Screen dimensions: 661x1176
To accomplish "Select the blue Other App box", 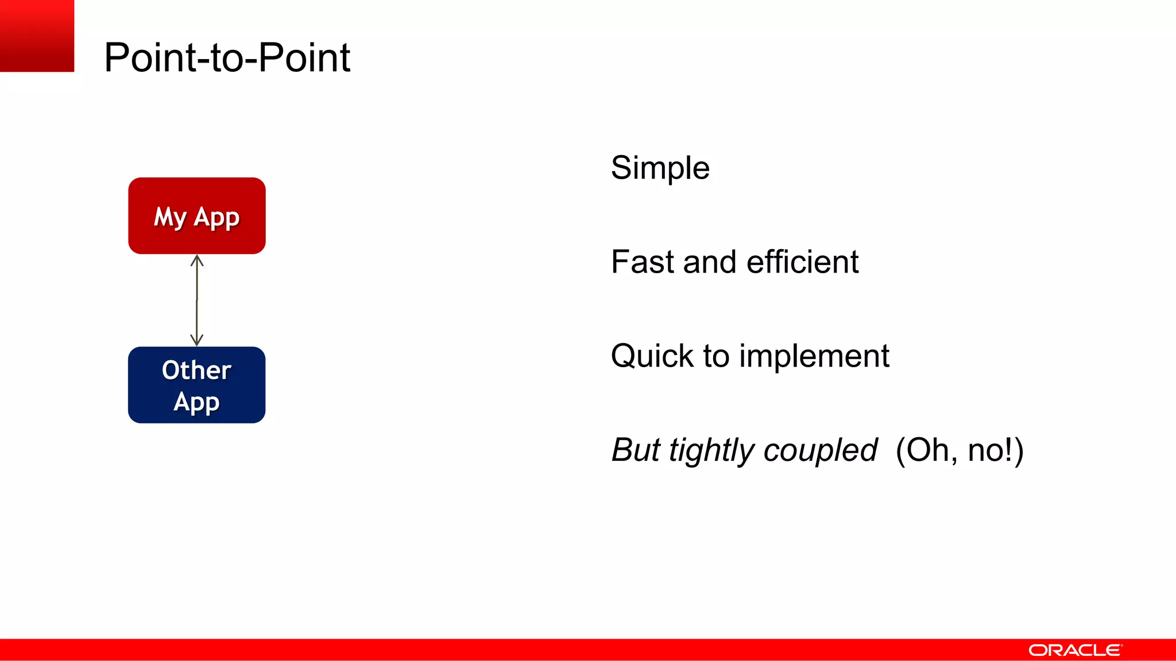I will (x=196, y=384).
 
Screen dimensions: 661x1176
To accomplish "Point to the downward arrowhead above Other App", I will (x=197, y=340).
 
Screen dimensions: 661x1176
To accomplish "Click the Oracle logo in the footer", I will (x=1075, y=650).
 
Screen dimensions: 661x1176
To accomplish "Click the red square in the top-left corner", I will (x=37, y=36).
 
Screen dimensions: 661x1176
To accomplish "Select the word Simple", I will (x=660, y=168).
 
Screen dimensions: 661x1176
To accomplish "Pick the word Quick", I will (x=652, y=356).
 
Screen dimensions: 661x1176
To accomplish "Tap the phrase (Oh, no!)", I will (x=960, y=450).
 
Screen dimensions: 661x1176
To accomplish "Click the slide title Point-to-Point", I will (x=227, y=58).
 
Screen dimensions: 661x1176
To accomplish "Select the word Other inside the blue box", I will (x=196, y=370).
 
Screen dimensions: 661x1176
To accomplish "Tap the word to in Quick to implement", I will (x=716, y=356).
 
